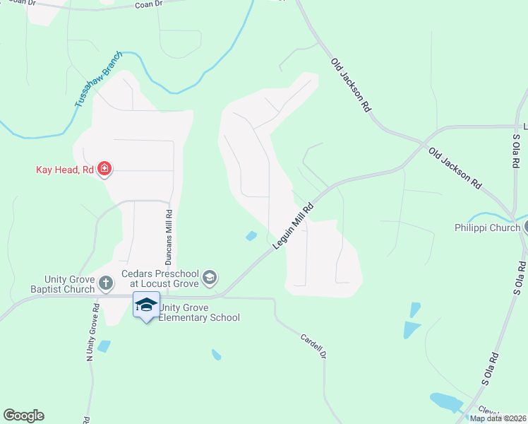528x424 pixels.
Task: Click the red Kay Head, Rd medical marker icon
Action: click(104, 169)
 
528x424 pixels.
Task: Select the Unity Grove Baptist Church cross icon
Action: click(105, 283)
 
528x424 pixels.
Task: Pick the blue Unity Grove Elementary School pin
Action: click(146, 305)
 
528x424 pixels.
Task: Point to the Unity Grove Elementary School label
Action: click(198, 312)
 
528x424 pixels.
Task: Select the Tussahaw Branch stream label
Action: click(98, 79)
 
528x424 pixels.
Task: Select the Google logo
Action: click(23, 416)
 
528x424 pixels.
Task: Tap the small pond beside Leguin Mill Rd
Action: click(251, 236)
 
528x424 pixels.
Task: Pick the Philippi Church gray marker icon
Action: click(524, 227)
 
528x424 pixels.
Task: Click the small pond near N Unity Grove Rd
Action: click(104, 346)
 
